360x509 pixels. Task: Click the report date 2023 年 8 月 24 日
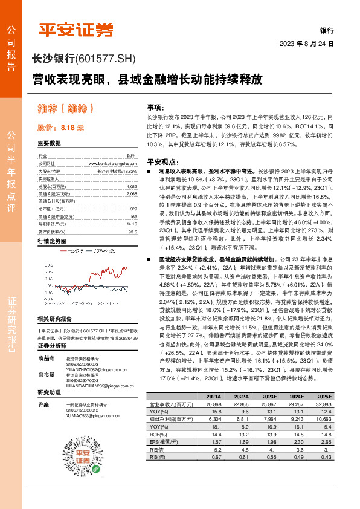click(306, 44)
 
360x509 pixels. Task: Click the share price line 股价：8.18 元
click(60, 128)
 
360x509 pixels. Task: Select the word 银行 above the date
click(327, 30)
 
